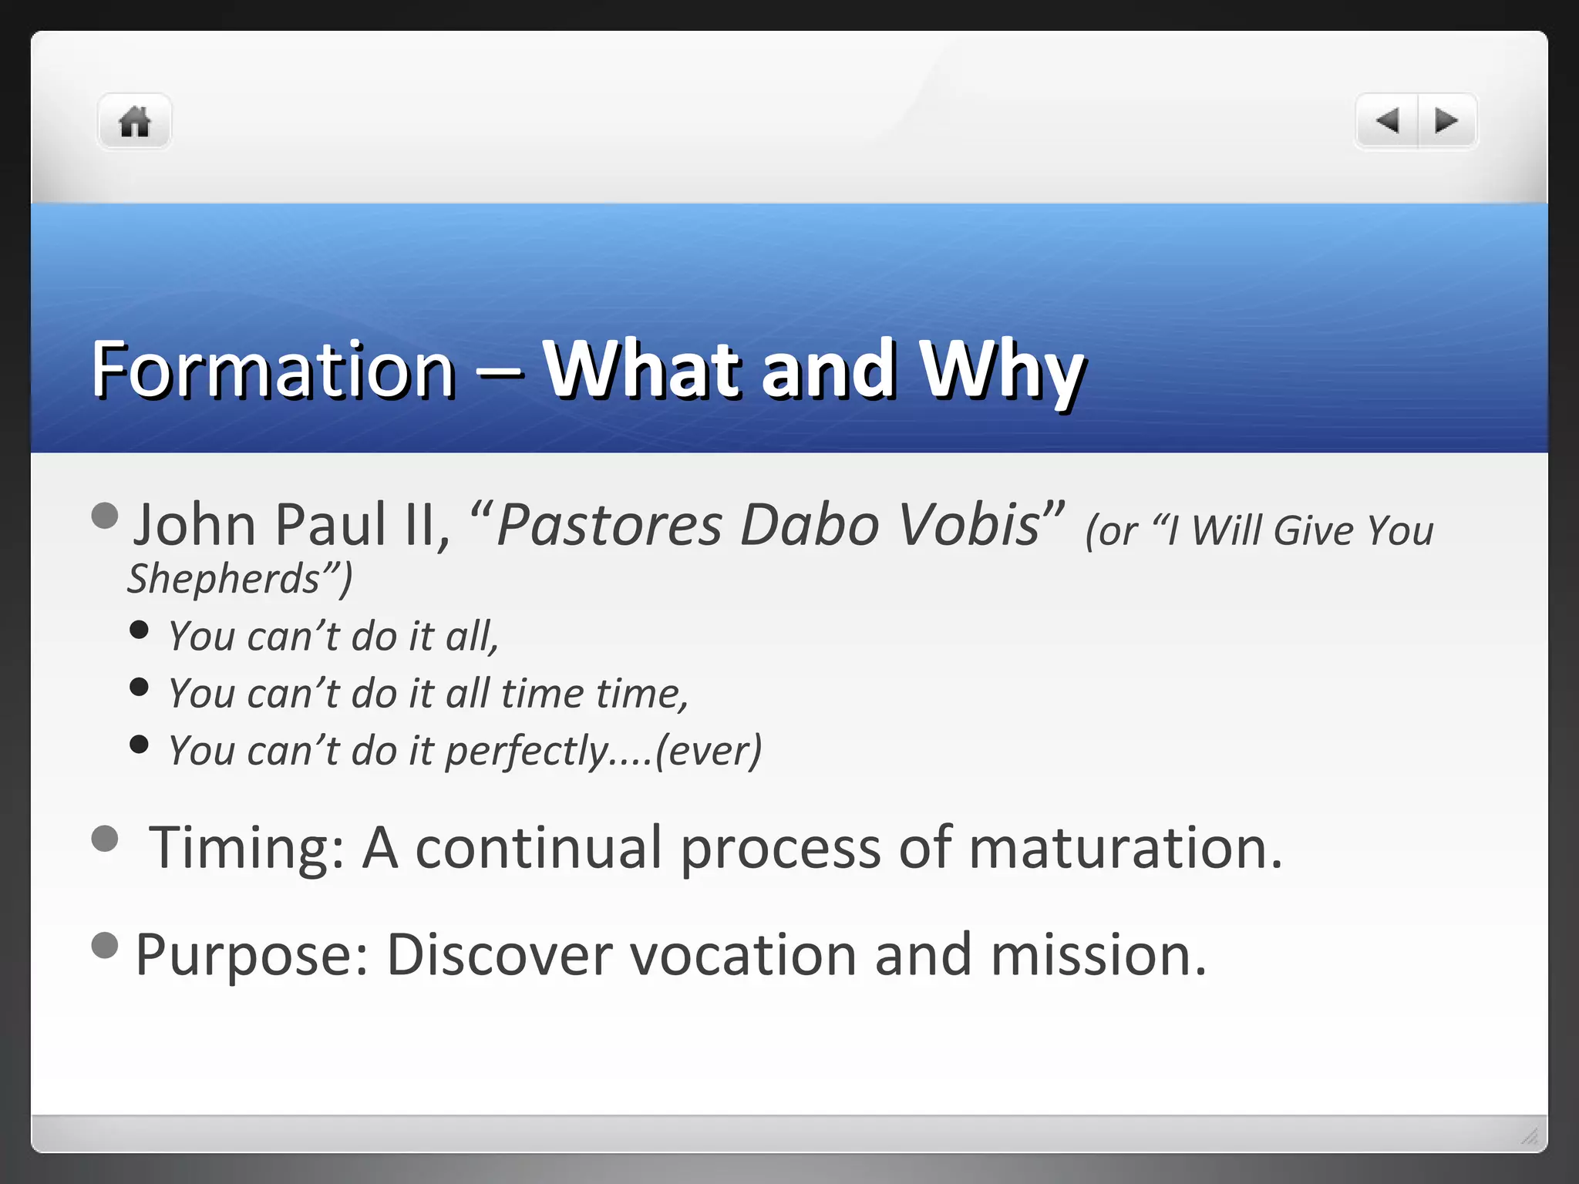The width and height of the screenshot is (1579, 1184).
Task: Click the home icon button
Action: point(134,122)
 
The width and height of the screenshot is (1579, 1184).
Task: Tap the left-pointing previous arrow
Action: point(1388,121)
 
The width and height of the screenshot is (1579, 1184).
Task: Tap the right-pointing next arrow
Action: point(1446,121)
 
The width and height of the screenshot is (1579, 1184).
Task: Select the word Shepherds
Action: point(224,579)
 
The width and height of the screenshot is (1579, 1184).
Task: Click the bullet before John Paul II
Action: point(105,516)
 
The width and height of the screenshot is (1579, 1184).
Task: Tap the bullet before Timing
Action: point(105,839)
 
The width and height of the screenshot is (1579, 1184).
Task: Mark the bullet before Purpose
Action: point(105,945)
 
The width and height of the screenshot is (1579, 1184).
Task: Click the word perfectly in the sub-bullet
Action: point(527,752)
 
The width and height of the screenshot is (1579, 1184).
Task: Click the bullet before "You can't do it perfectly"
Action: point(140,745)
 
